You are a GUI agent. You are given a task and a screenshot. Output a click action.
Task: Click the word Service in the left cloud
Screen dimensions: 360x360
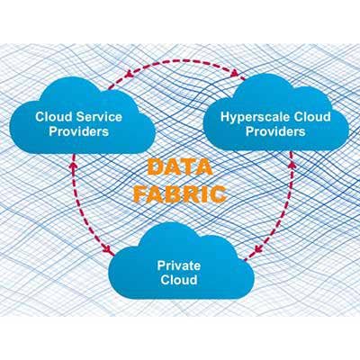[99, 117]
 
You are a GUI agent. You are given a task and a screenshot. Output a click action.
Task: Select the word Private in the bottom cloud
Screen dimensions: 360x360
[179, 265]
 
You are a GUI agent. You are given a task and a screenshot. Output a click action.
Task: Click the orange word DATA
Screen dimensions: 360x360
[180, 167]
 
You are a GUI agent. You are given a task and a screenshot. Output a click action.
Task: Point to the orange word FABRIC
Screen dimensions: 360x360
[180, 193]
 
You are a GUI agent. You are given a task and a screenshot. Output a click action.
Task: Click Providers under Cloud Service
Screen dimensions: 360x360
[79, 131]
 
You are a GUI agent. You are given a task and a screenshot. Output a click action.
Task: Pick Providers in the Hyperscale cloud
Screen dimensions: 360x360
[275, 131]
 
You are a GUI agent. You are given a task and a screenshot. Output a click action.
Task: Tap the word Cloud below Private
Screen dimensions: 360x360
[179, 280]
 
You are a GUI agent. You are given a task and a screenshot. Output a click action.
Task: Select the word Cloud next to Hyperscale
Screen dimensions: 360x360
[311, 117]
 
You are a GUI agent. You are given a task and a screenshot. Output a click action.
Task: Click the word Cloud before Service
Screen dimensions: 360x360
[54, 117]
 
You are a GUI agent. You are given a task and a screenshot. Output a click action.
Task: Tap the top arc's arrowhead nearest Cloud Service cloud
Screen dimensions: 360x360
[129, 74]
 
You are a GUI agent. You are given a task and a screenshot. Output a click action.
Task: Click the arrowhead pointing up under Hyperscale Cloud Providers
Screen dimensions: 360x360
[292, 165]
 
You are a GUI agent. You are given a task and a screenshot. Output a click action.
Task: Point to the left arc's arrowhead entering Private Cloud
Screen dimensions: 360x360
[107, 247]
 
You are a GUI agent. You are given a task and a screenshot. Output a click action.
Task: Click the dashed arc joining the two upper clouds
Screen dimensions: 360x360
[178, 59]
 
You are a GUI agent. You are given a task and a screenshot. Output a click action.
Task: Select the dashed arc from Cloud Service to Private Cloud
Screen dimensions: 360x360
[78, 207]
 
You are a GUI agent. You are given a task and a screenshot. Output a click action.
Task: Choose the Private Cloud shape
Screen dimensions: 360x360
[181, 264]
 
